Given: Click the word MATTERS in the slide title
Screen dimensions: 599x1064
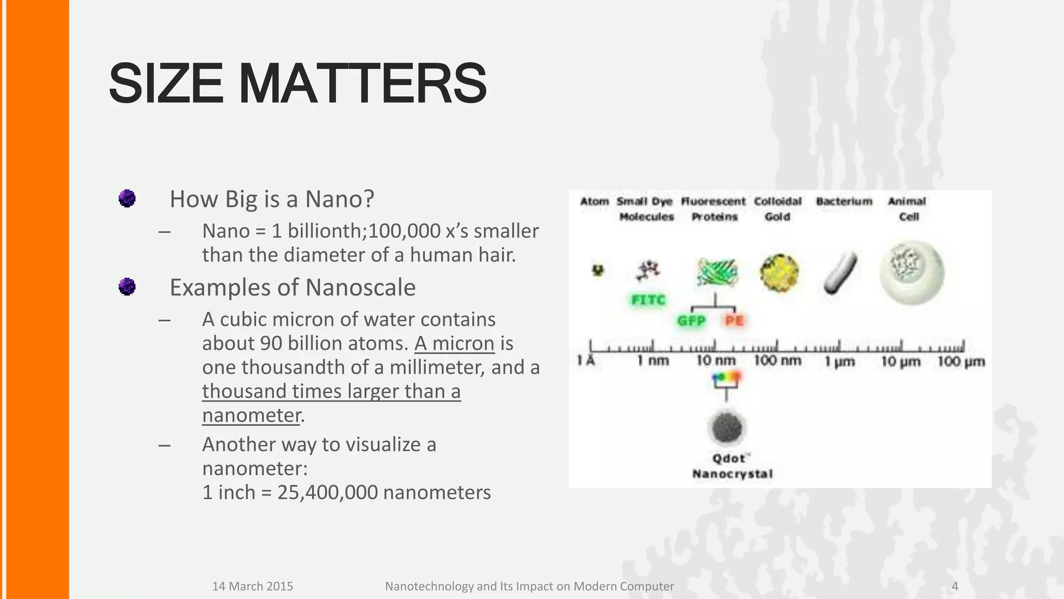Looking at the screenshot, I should tap(362, 83).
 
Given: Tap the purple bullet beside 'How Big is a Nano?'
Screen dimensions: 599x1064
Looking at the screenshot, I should tap(127, 198).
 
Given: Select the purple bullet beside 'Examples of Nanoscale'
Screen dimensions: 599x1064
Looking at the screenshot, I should tap(127, 287).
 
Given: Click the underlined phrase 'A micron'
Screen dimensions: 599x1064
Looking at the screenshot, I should tap(454, 343).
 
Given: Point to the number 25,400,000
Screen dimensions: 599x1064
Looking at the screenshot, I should tap(327, 492).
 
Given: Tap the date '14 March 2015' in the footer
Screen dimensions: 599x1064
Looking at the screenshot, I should tap(252, 586).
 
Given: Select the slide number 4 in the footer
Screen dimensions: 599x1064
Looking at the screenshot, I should tap(954, 586).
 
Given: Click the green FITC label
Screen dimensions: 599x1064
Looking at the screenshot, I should tap(648, 300).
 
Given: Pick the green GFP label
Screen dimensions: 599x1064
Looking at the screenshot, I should tap(691, 321).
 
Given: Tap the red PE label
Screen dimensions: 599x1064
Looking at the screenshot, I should tap(734, 321).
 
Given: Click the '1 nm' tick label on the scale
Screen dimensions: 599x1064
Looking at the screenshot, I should tap(653, 360).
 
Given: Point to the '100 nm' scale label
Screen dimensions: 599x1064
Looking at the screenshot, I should tap(777, 360).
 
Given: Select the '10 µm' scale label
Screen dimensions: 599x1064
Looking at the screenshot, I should tap(900, 361).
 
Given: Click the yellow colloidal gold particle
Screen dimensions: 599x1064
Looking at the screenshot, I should tap(778, 272).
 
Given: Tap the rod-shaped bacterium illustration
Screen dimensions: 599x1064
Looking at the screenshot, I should tap(840, 272).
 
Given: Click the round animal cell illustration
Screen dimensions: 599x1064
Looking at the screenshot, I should tap(911, 272).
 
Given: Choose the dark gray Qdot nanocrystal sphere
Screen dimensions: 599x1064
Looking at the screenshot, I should tap(726, 427).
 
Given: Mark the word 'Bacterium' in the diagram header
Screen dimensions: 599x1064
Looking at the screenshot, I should tap(844, 201).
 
